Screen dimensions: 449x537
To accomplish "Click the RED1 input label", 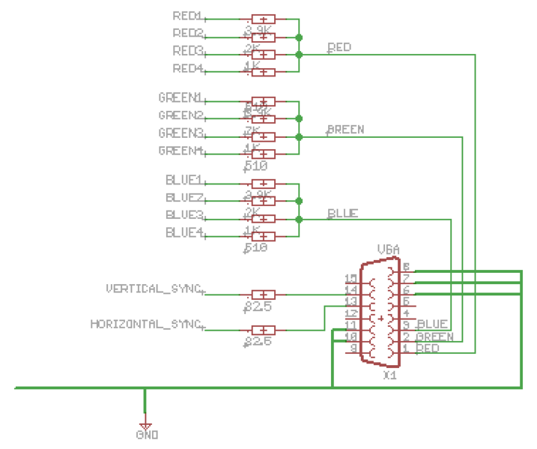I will click(187, 15).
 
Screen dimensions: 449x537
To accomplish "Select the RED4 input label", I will click(187, 69).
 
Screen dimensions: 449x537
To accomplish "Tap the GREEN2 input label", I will click(180, 115).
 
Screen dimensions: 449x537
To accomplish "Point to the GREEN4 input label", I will click(180, 151).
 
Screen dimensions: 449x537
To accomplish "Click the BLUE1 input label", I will click(184, 180).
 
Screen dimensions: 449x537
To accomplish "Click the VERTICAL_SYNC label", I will click(154, 289).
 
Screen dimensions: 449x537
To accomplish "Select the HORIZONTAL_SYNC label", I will click(146, 325).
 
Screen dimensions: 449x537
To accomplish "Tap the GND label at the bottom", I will click(147, 435).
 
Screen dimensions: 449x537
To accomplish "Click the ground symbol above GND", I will click(145, 422).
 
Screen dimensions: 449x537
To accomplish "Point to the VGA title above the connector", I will click(389, 250).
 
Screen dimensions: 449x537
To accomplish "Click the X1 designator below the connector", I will click(389, 374).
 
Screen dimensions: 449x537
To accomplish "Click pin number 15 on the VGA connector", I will click(350, 278).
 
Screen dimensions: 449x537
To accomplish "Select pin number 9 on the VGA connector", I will click(352, 349).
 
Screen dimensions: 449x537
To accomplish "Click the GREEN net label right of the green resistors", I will click(346, 130).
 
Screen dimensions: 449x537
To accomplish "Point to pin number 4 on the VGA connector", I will click(406, 313).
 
